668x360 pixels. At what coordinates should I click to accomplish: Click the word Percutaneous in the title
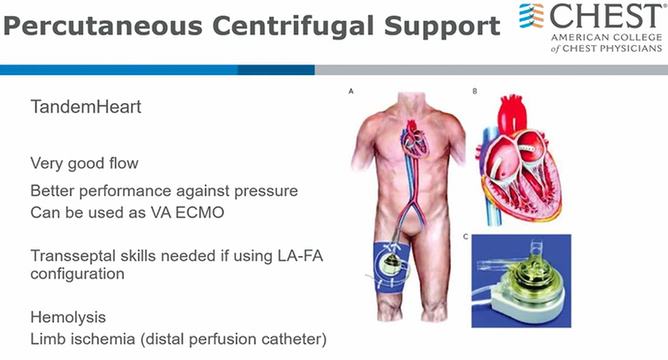tap(102, 26)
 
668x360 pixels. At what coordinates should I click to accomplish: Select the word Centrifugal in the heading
tap(294, 26)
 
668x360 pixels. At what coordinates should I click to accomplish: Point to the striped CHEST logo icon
tap(531, 15)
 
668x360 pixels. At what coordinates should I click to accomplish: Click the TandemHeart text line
tap(86, 107)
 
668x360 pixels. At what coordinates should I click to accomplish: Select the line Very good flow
tap(85, 164)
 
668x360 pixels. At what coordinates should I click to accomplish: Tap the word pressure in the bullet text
tap(266, 191)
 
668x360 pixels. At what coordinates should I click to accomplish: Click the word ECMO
tap(199, 212)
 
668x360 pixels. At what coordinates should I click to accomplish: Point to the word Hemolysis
tap(68, 317)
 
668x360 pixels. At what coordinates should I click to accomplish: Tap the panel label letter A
tap(351, 91)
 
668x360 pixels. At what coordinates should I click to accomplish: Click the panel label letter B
tap(475, 91)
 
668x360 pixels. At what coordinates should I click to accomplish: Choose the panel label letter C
tap(466, 236)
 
